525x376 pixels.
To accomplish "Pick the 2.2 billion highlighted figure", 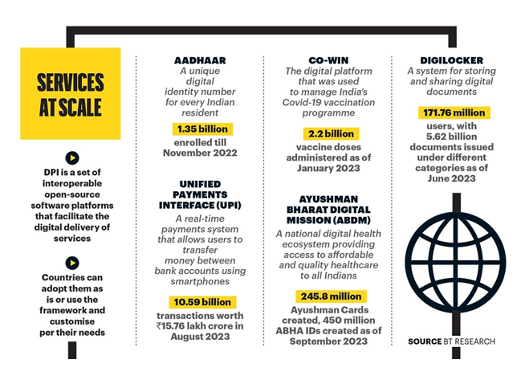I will (331, 133).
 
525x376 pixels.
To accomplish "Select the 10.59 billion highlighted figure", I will (201, 301).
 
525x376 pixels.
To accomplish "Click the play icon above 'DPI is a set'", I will (72, 158).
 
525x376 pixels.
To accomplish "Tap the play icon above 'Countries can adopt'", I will (72, 263).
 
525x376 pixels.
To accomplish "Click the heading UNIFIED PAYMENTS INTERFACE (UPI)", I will (201, 195).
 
